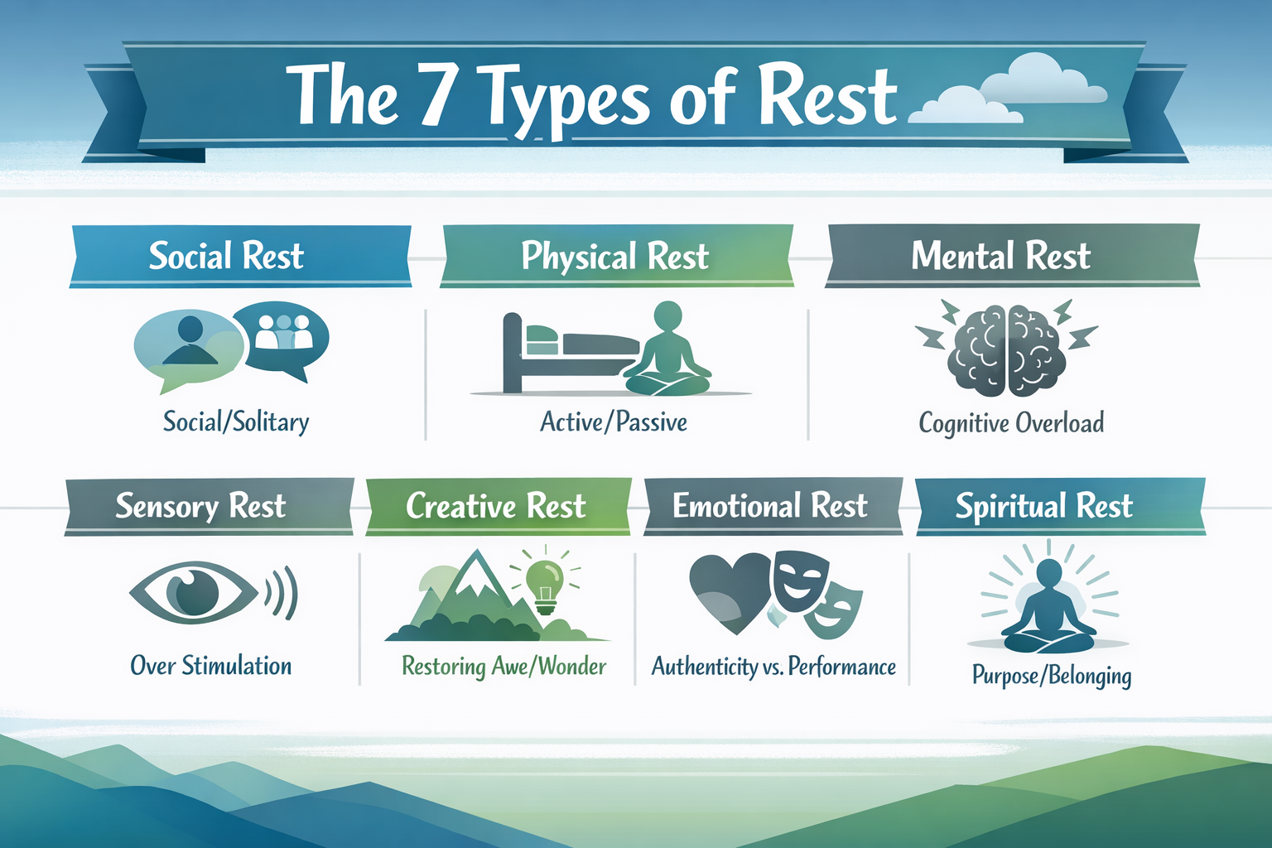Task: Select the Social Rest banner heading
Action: click(226, 256)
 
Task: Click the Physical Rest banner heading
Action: click(614, 257)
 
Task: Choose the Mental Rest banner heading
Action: click(1000, 256)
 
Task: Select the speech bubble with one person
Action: click(189, 346)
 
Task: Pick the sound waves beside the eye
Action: click(282, 593)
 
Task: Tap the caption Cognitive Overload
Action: click(1011, 423)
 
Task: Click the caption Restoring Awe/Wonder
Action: click(503, 667)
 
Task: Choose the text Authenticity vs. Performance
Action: click(773, 667)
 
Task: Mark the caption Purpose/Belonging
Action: click(1051, 676)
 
